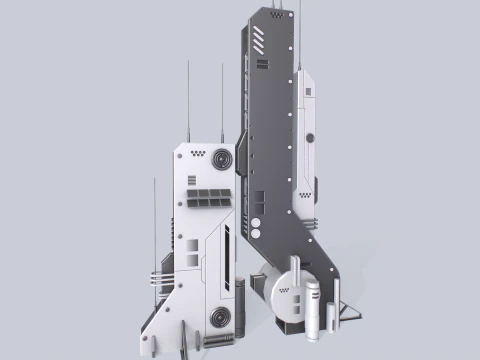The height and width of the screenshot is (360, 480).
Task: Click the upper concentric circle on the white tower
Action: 220,161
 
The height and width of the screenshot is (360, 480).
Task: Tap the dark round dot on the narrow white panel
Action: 310,137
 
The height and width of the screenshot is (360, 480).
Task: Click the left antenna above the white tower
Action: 189,100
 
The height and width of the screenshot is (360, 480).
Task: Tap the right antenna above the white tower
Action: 222,100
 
